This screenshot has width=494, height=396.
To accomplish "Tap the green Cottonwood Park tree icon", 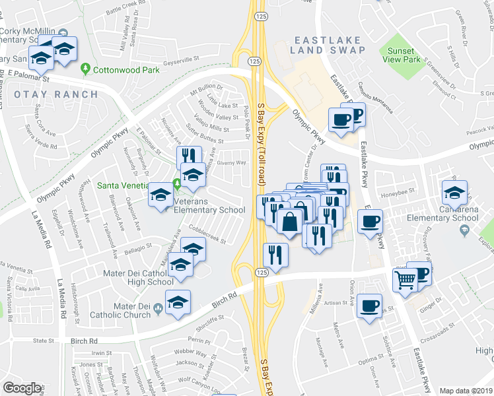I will pyautogui.click(x=85, y=68).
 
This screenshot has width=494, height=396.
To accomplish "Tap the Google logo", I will pyautogui.click(x=22, y=388).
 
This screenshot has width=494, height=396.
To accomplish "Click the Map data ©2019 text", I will pyautogui.click(x=466, y=391).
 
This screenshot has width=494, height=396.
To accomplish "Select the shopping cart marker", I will pyautogui.click(x=405, y=280).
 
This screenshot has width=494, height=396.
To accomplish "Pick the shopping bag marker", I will pyautogui.click(x=289, y=221).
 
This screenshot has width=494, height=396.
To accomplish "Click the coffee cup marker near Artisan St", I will pyautogui.click(x=370, y=306).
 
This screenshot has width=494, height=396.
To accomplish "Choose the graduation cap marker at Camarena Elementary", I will pyautogui.click(x=454, y=193).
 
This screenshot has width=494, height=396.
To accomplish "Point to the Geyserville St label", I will pyautogui.click(x=180, y=59).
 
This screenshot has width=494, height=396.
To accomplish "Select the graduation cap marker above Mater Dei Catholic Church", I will pyautogui.click(x=178, y=302).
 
